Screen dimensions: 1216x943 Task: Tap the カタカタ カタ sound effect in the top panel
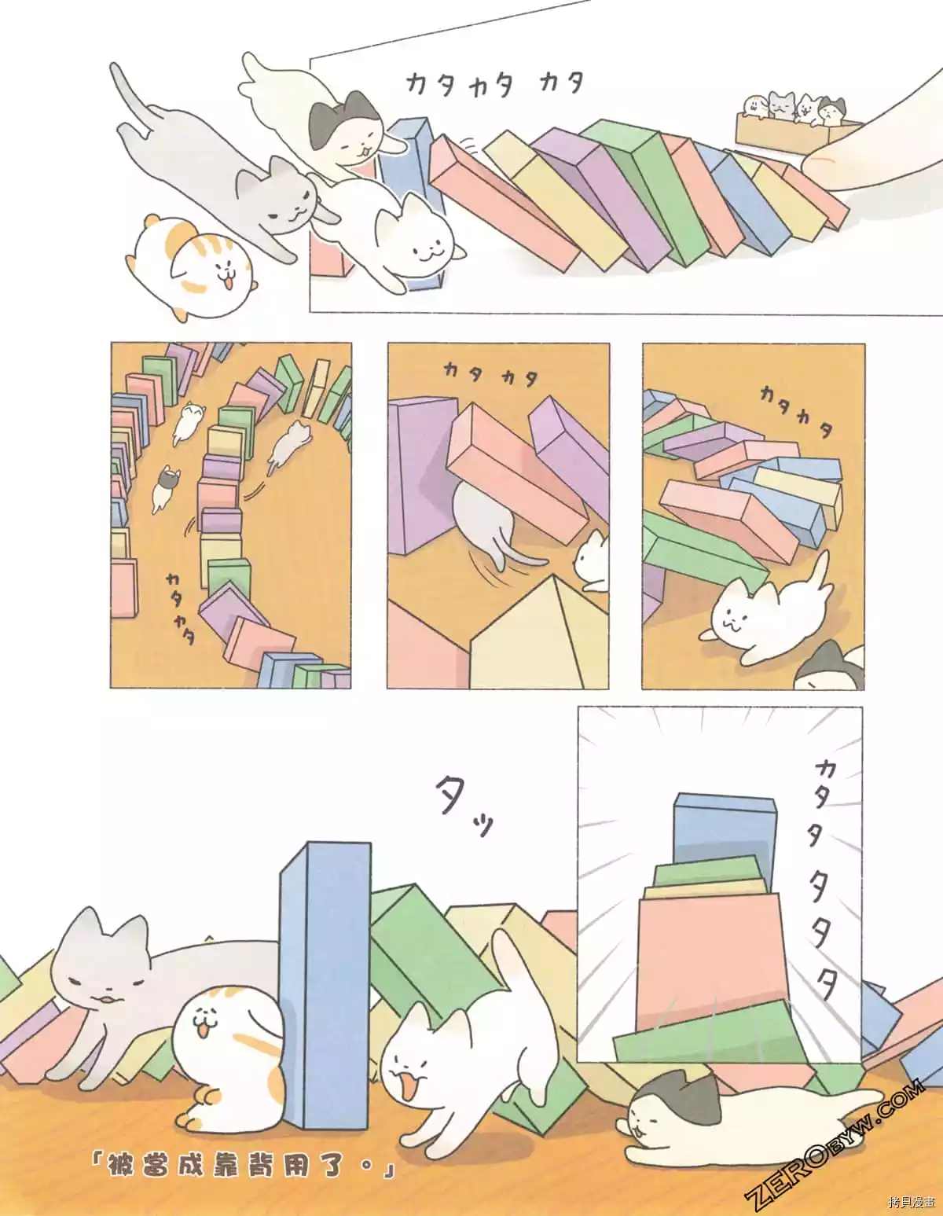pos(495,85)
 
